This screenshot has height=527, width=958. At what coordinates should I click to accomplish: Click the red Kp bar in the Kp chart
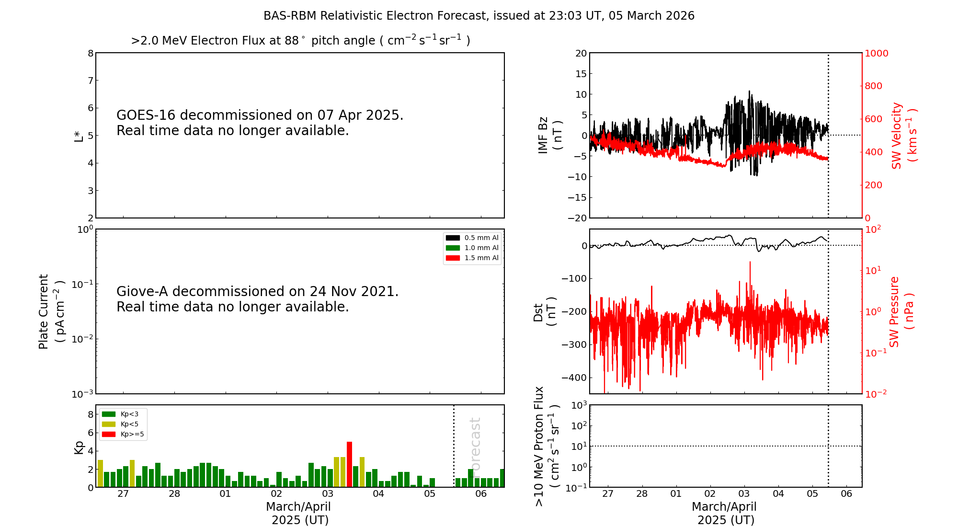pyautogui.click(x=350, y=464)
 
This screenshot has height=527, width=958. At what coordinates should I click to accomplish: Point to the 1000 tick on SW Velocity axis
pyautogui.click(x=876, y=53)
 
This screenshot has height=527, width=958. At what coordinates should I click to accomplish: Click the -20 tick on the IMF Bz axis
pyautogui.click(x=577, y=218)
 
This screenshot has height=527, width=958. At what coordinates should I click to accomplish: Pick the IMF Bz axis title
pyautogui.click(x=550, y=135)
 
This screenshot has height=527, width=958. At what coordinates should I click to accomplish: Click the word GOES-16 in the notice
pyautogui.click(x=146, y=115)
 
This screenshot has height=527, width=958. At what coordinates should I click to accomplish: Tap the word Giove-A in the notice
pyautogui.click(x=142, y=292)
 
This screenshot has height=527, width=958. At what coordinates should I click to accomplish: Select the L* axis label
pyautogui.click(x=79, y=136)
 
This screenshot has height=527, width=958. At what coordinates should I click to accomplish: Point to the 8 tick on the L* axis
pyautogui.click(x=91, y=53)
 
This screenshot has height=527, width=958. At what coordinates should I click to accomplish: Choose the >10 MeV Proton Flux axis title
pyautogui.click(x=547, y=446)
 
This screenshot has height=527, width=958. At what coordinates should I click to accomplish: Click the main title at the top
pyautogui.click(x=479, y=16)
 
